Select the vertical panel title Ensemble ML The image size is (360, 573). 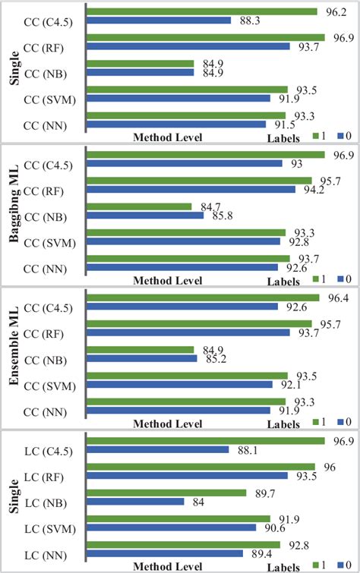pos(13,352)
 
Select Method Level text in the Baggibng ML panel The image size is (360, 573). pos(167,280)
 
